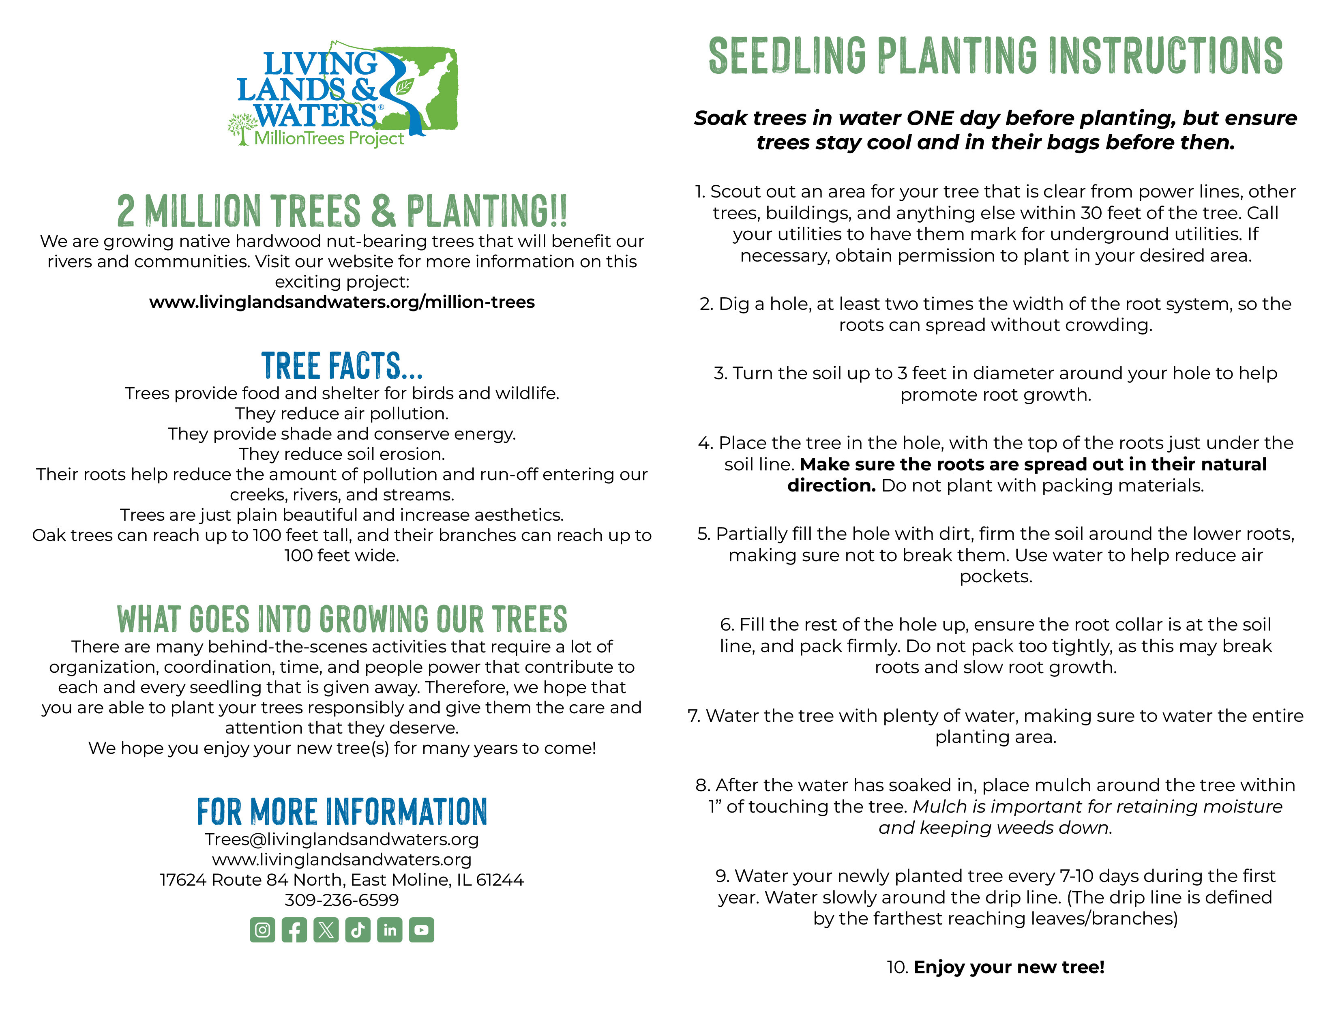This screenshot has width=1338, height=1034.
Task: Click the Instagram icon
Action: [262, 930]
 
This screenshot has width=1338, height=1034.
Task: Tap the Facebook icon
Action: [294, 930]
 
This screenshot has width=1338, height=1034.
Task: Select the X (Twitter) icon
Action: [326, 930]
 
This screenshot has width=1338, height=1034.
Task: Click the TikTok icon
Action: [358, 930]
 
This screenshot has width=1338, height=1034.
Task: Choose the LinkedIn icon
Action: [390, 930]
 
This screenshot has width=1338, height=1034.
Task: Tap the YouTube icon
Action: [422, 930]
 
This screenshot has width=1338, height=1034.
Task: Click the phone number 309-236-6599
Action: [342, 900]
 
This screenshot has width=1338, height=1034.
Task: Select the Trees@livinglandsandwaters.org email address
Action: [342, 839]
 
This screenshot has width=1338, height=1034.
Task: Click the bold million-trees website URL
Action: [342, 302]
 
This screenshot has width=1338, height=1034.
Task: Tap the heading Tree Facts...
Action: [342, 366]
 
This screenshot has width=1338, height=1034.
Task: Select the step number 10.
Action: [897, 967]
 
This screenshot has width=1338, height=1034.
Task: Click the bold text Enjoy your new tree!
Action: [1009, 967]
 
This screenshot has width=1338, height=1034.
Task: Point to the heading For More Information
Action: [342, 812]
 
